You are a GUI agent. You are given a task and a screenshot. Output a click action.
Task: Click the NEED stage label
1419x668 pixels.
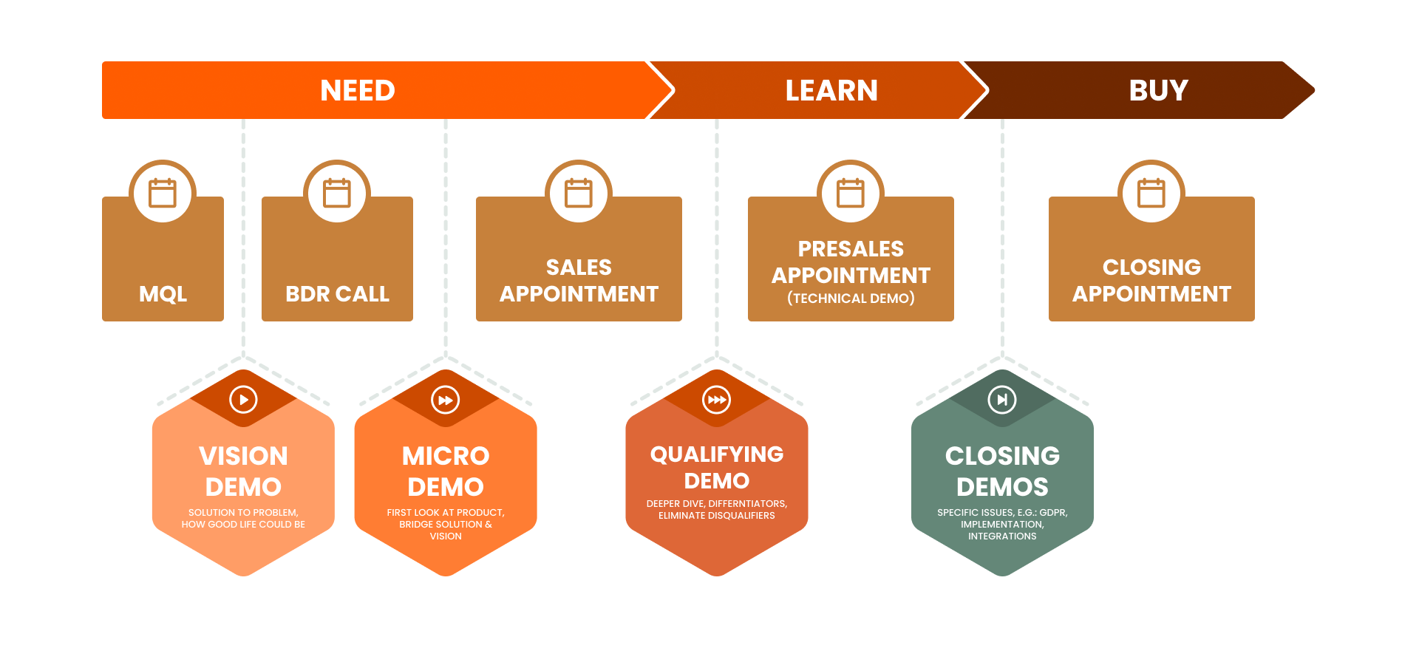[358, 90]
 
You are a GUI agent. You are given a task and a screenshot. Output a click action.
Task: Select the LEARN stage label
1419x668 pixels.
[831, 90]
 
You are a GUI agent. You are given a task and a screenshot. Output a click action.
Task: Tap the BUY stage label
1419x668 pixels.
[1158, 90]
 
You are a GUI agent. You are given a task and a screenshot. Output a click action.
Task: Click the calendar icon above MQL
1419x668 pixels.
[163, 194]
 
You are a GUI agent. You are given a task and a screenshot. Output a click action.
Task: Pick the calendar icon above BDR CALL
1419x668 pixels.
[337, 194]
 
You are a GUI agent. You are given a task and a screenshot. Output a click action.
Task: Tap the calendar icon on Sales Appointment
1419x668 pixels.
[579, 194]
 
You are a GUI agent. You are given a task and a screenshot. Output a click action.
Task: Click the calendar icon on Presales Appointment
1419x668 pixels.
[851, 194]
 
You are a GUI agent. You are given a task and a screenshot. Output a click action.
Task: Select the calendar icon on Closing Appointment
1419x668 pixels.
[1151, 194]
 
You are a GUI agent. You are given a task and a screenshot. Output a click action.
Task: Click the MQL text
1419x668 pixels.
[163, 294]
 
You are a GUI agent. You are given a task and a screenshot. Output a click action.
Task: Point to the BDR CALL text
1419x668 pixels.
[337, 294]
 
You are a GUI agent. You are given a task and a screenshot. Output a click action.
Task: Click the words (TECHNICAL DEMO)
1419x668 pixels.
[851, 299]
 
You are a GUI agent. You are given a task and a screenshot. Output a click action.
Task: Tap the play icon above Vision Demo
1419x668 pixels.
[243, 400]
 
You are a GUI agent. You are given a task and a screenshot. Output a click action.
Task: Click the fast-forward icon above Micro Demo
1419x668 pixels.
[446, 400]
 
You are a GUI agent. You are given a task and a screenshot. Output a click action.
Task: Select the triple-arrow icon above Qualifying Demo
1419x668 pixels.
[716, 400]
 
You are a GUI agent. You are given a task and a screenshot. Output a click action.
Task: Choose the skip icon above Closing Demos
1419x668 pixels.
[1002, 400]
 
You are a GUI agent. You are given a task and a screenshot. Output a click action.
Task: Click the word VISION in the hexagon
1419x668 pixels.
[243, 456]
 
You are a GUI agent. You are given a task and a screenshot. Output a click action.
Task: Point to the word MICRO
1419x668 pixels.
[446, 456]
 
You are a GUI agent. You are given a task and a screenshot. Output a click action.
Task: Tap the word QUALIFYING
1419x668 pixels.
[716, 454]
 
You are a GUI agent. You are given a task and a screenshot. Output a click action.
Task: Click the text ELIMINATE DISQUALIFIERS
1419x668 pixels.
[716, 516]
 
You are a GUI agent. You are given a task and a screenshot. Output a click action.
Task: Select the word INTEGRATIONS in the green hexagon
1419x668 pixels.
[1002, 536]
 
